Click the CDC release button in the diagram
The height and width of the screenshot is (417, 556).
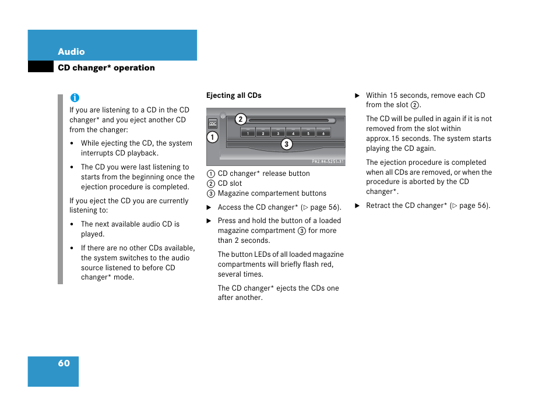click(213, 123)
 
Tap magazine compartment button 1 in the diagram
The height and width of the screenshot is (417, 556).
click(248, 132)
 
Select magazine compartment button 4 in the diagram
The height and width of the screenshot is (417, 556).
click(293, 132)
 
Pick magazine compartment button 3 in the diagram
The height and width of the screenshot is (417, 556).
click(278, 132)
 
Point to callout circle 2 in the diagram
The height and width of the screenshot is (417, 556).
click(240, 120)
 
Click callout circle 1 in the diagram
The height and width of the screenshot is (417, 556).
click(212, 137)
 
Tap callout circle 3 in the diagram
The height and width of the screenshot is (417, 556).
click(286, 144)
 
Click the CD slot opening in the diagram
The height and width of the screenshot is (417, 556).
click(288, 121)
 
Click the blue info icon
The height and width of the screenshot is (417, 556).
click(75, 98)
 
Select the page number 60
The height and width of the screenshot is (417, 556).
click(64, 363)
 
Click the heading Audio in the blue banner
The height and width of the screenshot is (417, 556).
click(71, 52)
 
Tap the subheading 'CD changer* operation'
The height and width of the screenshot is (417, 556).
click(106, 68)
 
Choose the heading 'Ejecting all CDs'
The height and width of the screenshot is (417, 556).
click(234, 96)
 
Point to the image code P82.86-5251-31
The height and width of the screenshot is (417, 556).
click(328, 161)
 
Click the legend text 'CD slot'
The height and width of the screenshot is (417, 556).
click(230, 183)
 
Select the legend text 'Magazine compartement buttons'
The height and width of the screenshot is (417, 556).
click(272, 193)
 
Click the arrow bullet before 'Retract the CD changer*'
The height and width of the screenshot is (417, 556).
click(357, 206)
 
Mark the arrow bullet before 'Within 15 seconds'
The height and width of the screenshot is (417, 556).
click(357, 96)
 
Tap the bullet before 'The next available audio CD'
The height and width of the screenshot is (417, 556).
click(72, 224)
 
